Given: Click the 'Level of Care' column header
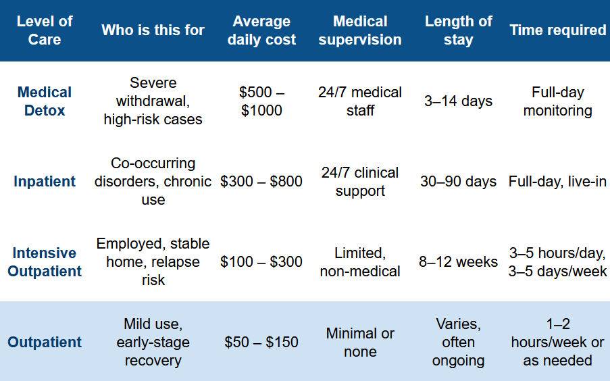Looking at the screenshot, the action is click(45, 30).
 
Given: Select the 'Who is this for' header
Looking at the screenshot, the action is click(153, 30).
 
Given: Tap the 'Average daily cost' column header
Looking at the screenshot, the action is click(261, 30).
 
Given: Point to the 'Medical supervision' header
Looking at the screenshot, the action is click(360, 30).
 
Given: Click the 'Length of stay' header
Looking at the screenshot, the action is click(458, 30).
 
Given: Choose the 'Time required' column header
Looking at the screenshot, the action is click(558, 30).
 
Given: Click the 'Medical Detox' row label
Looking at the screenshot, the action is click(45, 101).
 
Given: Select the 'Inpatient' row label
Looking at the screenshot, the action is click(45, 181).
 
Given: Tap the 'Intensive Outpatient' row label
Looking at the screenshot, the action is click(45, 262).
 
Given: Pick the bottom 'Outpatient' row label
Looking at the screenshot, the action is click(45, 342).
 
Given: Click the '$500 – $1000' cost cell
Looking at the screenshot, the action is click(261, 101).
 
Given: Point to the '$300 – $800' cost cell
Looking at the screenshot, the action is click(261, 181).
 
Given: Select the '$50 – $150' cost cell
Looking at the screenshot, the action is click(261, 342).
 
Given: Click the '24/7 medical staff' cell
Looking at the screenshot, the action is click(360, 101).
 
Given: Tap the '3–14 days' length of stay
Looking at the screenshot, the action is click(458, 101).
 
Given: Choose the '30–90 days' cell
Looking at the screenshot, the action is click(458, 181).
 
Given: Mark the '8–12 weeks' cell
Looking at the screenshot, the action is click(458, 262).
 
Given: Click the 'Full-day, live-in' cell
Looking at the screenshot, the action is click(557, 181).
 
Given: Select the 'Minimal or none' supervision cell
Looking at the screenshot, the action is click(360, 342).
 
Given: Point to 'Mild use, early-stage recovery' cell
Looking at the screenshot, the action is click(153, 342).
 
